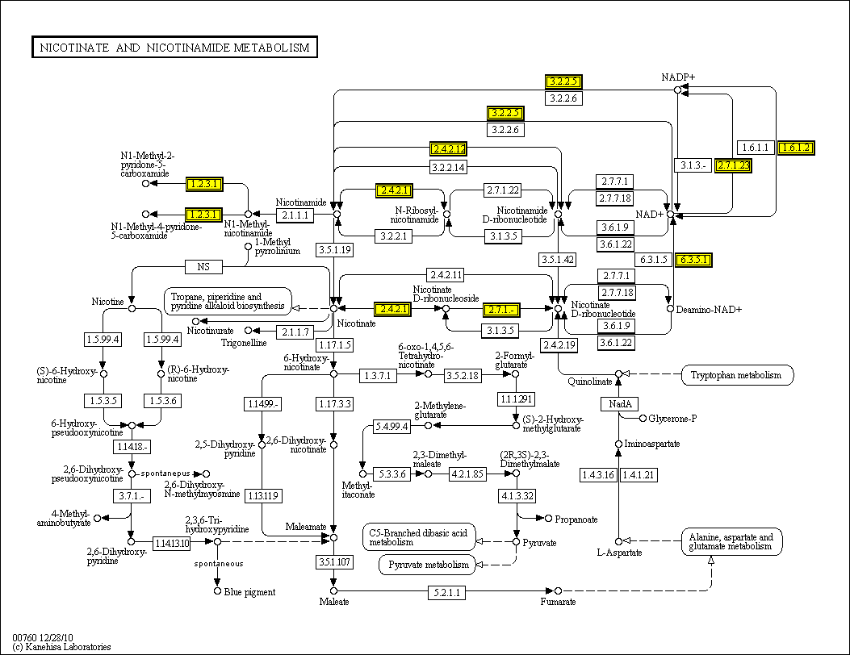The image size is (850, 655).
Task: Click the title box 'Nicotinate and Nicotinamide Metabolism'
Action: pos(174,48)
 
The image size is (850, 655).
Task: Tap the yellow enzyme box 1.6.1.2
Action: pos(795,148)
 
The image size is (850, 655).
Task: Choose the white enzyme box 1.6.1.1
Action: pos(756,148)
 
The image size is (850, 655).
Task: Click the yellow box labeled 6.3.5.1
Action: pos(694,260)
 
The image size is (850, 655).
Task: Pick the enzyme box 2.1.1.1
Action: pos(294,215)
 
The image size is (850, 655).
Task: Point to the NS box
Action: pos(203,266)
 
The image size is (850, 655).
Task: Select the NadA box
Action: pos(620,403)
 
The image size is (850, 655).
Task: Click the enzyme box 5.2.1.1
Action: pos(446,593)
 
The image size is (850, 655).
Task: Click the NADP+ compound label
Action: pos(678,77)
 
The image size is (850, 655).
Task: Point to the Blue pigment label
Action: pos(249,592)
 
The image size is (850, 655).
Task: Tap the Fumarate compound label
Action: pos(558,602)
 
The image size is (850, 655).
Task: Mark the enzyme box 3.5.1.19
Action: pos(334,249)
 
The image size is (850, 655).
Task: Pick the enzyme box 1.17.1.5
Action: pos(334,345)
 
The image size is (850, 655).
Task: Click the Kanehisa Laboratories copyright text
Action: pos(61,647)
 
